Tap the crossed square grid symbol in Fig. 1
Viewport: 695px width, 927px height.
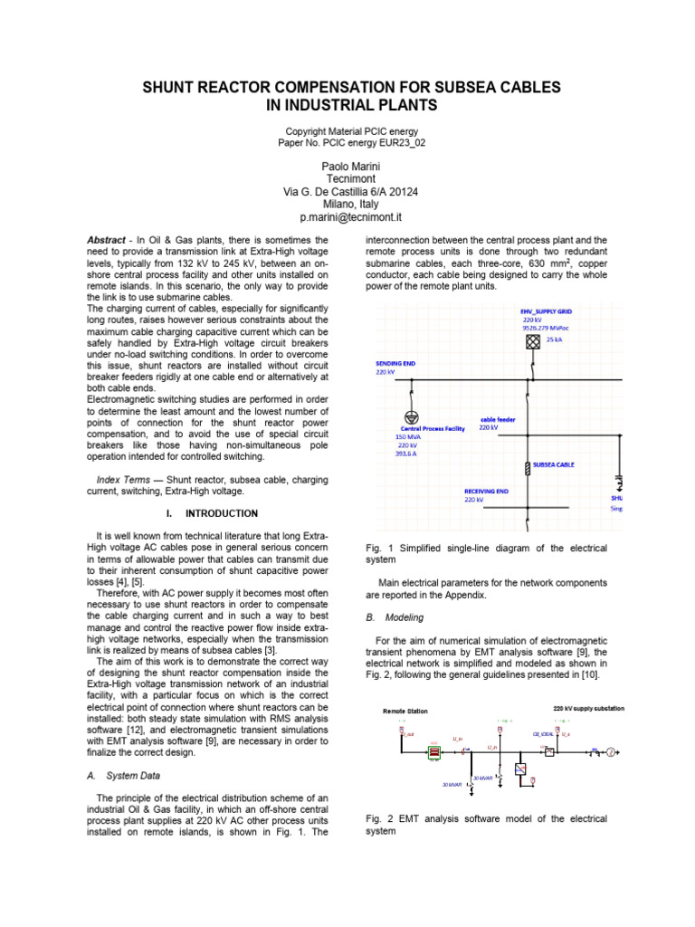click(x=533, y=340)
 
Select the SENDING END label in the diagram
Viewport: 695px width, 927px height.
click(x=395, y=362)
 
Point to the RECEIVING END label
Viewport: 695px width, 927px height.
click(x=486, y=491)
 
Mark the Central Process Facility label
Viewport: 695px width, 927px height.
click(x=432, y=428)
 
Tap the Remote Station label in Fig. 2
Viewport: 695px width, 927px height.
click(x=405, y=712)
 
